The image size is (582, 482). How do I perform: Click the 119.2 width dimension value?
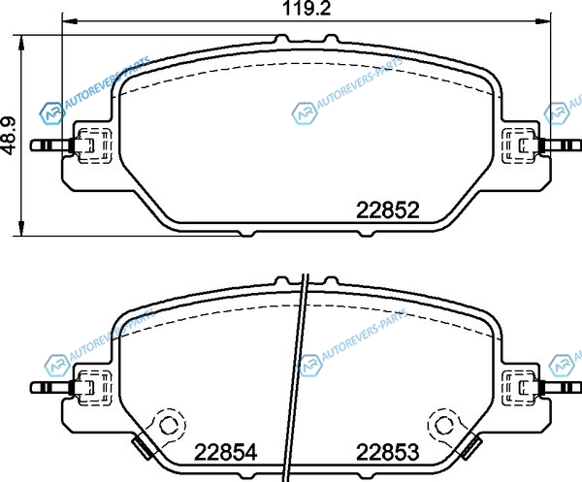pos(307,8)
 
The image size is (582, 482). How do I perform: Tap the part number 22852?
pos(387,210)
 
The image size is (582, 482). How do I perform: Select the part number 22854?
pos(226,452)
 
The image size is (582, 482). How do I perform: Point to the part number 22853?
pos(387,452)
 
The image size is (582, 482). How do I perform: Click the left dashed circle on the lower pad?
pos(169,425)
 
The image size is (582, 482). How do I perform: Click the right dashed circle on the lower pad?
pos(444,425)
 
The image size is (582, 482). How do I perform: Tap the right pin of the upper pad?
pos(560,145)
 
